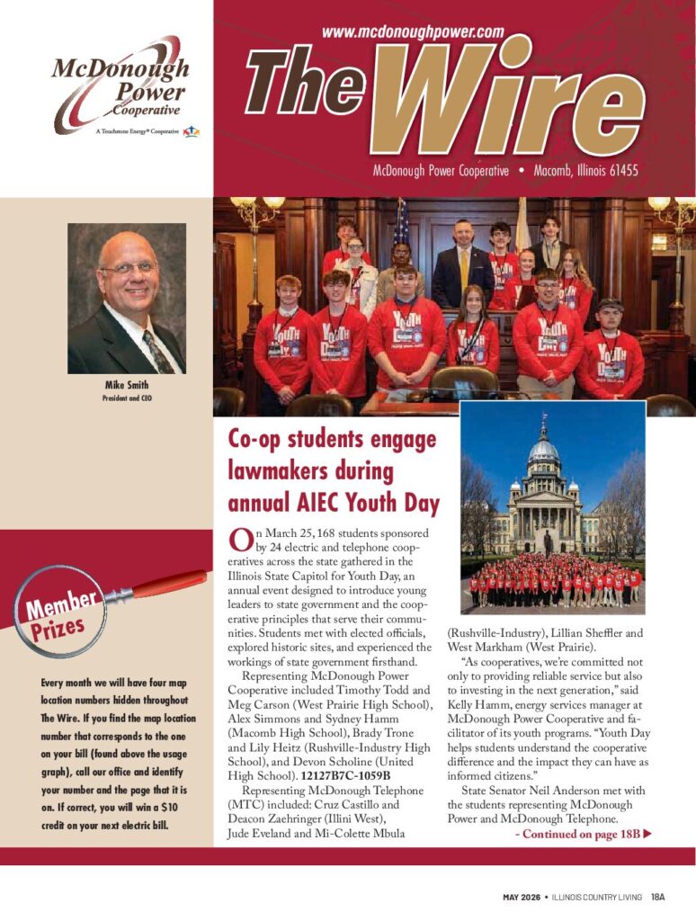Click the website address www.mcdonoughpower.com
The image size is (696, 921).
pos(412,31)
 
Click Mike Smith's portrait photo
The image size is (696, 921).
pos(126,299)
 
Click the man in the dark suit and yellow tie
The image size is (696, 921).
pos(462,265)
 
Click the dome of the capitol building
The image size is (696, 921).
pos(543,449)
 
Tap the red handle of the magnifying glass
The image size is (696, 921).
pos(167,584)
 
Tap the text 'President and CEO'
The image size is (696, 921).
pos(126,397)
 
